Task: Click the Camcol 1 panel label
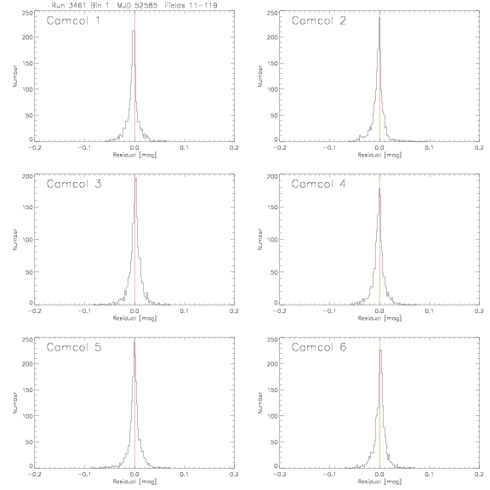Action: (x=73, y=20)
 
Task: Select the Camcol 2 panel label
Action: (x=318, y=20)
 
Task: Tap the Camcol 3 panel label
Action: (x=74, y=184)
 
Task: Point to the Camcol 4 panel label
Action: (x=319, y=184)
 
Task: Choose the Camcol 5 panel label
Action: (x=74, y=347)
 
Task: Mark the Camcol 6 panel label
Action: (x=319, y=347)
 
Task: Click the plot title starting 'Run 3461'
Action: (x=134, y=5)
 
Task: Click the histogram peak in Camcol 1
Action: (x=133, y=31)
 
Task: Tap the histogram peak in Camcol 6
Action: (x=380, y=350)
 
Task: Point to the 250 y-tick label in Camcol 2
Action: (x=272, y=13)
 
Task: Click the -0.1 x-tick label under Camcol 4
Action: (x=329, y=311)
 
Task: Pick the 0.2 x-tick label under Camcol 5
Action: (x=234, y=475)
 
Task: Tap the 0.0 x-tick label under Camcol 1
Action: (x=134, y=147)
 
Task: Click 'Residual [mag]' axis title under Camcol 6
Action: (x=379, y=481)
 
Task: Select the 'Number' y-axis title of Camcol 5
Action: (x=14, y=402)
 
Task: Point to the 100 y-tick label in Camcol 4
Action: (x=272, y=239)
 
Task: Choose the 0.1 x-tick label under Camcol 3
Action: (x=185, y=311)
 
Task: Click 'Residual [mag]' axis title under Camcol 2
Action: (x=379, y=155)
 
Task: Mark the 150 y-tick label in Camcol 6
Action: (x=272, y=390)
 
